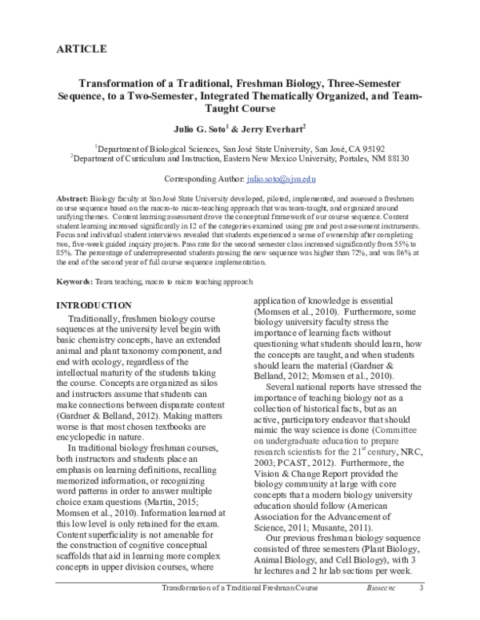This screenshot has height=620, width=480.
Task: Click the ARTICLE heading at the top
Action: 82,50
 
